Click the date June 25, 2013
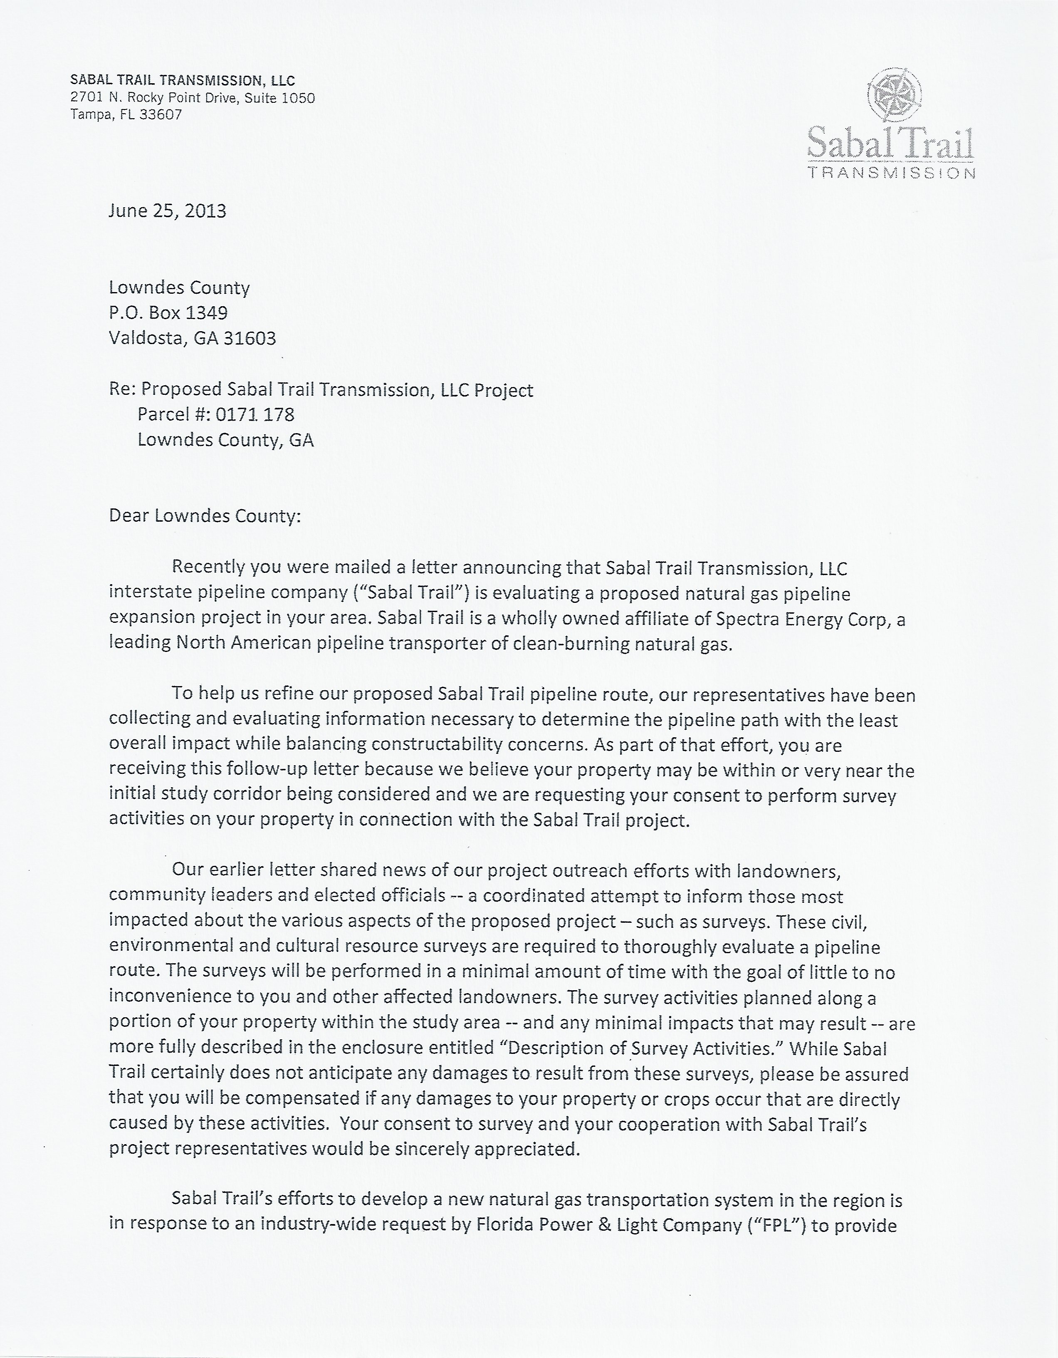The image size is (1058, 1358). coord(167,211)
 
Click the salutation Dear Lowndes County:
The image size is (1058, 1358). coord(205,516)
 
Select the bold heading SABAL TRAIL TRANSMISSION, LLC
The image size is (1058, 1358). coord(183,80)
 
